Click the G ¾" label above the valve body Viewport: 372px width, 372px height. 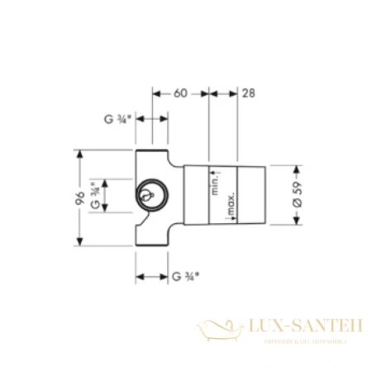tap(117, 118)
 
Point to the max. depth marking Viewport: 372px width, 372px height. tap(234, 203)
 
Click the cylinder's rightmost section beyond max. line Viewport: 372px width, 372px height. tap(252, 198)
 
